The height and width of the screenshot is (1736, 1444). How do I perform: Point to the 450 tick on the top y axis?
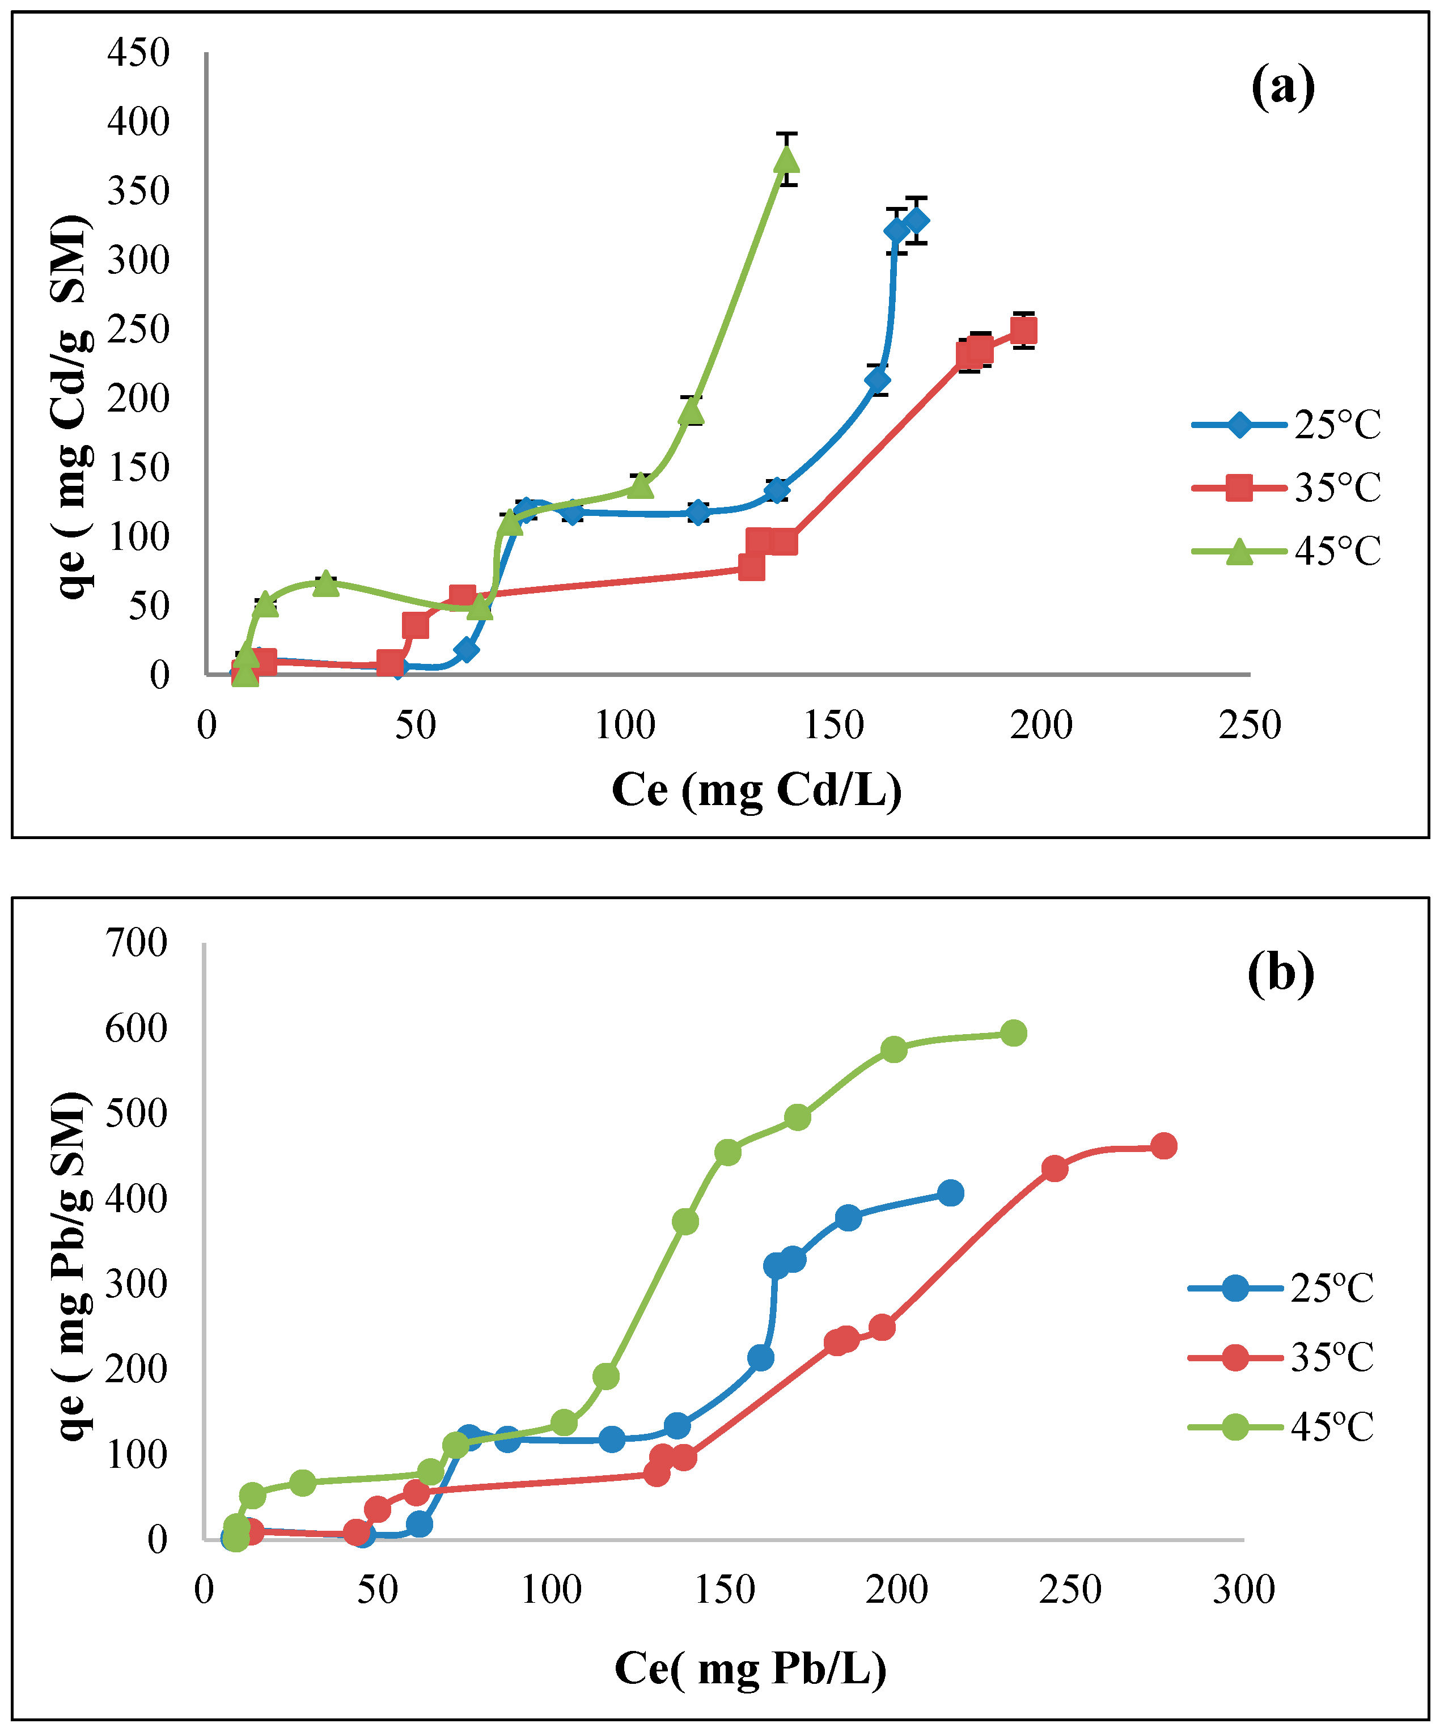click(138, 53)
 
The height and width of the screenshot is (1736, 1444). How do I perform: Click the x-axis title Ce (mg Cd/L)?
click(756, 790)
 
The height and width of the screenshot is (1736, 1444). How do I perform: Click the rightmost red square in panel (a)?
click(1023, 331)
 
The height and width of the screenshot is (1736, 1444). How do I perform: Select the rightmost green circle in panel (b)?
click(1013, 1034)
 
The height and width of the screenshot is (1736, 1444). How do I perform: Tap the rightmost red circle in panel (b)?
click(1163, 1146)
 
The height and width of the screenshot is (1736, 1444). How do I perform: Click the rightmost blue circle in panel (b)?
click(951, 1193)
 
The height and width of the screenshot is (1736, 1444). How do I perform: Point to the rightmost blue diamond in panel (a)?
click(916, 221)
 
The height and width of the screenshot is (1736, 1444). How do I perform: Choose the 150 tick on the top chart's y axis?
click(138, 468)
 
